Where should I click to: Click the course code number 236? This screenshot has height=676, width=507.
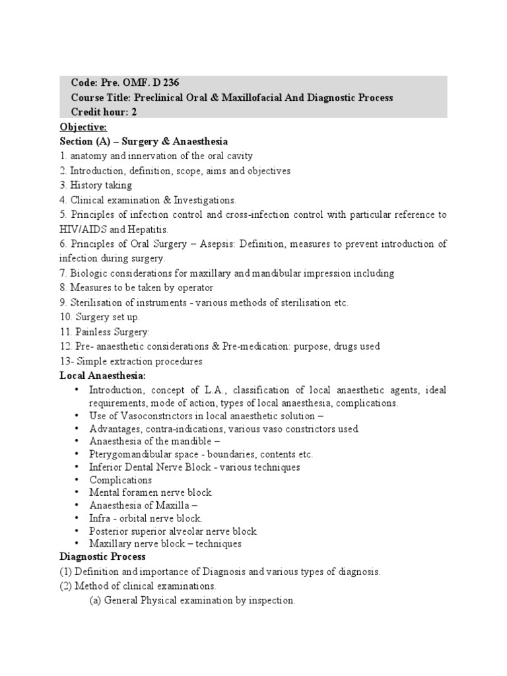pyautogui.click(x=170, y=83)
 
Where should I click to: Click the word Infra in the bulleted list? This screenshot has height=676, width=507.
pyautogui.click(x=100, y=518)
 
